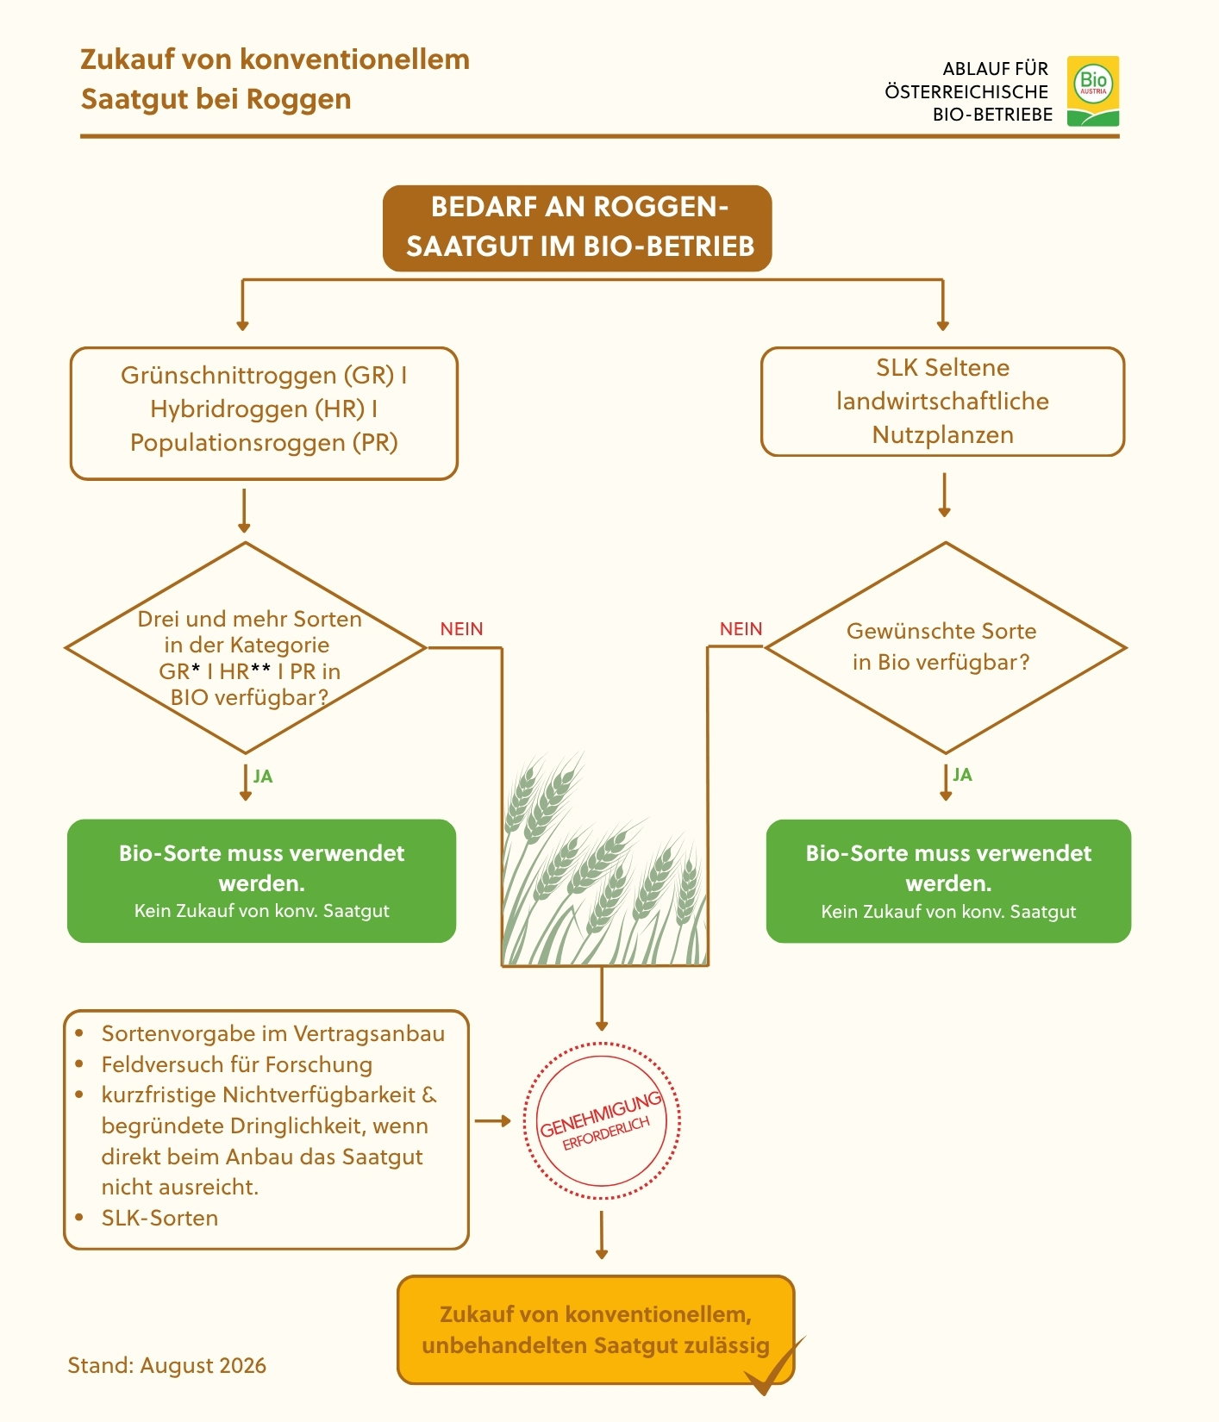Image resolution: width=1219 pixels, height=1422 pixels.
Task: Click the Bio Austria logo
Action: click(1092, 91)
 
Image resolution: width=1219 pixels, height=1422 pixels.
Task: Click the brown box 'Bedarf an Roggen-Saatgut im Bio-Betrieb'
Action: click(577, 228)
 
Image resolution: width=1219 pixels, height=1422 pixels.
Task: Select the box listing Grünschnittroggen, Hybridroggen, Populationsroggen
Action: click(264, 413)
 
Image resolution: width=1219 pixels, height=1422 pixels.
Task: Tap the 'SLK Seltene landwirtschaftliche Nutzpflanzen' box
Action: click(942, 402)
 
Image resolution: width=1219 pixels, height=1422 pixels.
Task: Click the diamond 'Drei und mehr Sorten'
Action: click(246, 648)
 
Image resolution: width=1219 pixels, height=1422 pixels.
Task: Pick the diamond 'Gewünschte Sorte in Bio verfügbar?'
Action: click(945, 648)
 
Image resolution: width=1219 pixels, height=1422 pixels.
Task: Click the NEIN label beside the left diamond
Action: click(461, 629)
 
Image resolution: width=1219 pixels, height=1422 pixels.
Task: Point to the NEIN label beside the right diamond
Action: click(741, 629)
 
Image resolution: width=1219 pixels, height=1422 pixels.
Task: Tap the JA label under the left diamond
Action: click(263, 776)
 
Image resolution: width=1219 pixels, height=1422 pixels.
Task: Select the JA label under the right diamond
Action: click(962, 775)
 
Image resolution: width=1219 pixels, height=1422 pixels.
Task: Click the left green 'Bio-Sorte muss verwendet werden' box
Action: click(261, 881)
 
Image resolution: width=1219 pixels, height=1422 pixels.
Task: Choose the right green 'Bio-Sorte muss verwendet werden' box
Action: click(948, 881)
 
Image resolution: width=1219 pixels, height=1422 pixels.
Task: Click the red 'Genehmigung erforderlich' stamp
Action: click(602, 1120)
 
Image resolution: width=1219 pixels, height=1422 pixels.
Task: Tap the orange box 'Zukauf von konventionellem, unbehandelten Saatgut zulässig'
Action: click(595, 1330)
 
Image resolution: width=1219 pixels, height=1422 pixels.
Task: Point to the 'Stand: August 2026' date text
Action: click(166, 1365)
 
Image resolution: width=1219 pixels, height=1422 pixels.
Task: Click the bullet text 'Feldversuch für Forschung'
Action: click(237, 1064)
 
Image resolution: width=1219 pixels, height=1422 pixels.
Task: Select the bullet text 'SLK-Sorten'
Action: click(159, 1218)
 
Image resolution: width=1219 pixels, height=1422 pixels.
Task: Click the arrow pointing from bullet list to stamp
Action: click(492, 1121)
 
